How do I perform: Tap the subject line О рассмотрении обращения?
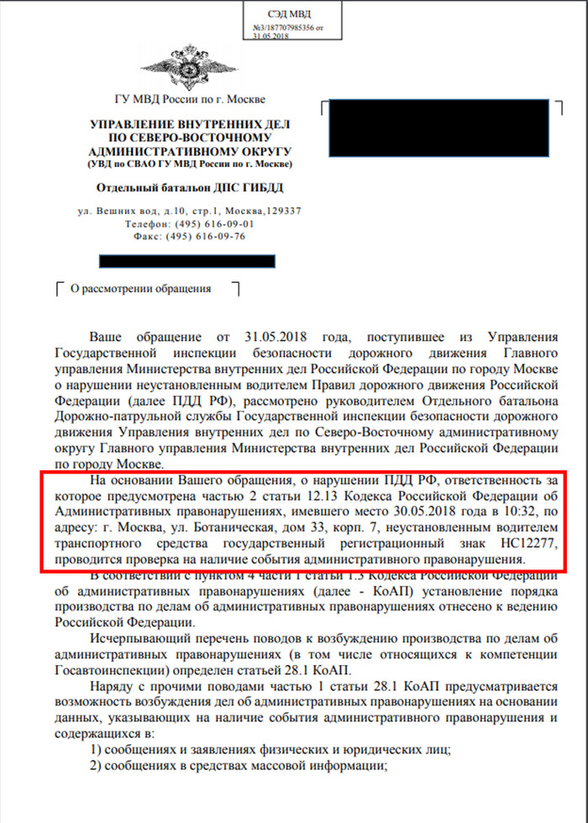140,289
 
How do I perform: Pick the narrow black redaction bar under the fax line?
187,262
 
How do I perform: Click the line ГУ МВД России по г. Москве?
183,101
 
